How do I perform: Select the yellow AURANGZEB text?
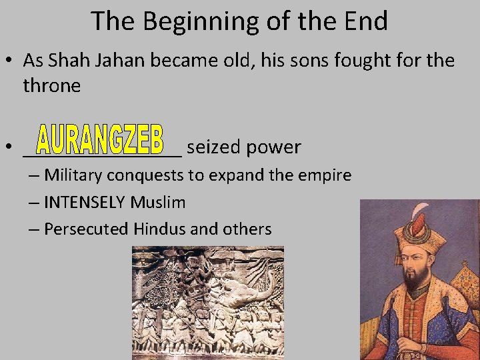pyautogui.click(x=100, y=140)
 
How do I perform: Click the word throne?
pyautogui.click(x=51, y=85)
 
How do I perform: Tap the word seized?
pyautogui.click(x=214, y=147)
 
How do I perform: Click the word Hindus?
pyautogui.click(x=159, y=229)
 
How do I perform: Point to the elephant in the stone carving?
pyautogui.click(x=250, y=293)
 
